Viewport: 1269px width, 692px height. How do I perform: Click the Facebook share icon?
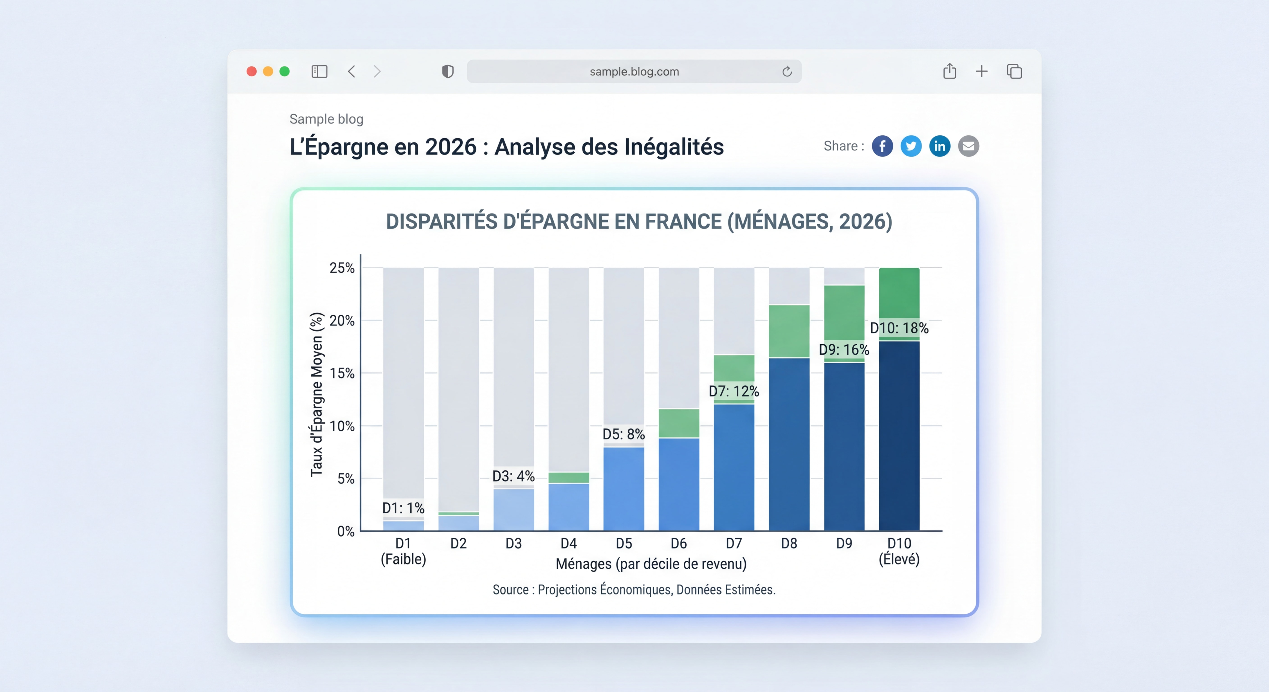coord(882,146)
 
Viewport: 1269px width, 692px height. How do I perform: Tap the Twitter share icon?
coord(911,146)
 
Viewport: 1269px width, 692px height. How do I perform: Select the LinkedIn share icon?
coord(939,146)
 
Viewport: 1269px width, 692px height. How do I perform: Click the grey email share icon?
coord(968,146)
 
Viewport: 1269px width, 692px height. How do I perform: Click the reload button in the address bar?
coord(787,72)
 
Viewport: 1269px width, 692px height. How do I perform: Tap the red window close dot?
coord(251,71)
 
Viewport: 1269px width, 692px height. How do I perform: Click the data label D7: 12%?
coord(733,392)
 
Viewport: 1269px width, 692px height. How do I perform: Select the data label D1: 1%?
coord(403,508)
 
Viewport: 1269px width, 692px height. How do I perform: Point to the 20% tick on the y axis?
coord(342,321)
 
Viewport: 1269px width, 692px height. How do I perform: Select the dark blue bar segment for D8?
coord(789,443)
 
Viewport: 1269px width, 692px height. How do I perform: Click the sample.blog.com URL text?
coord(634,72)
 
